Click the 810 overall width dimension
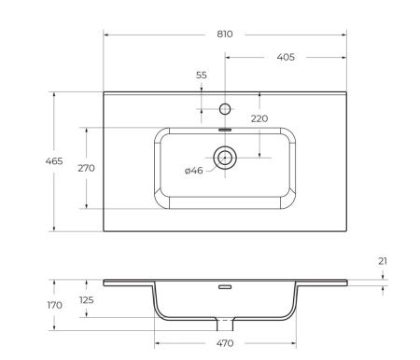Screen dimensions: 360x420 [224, 34]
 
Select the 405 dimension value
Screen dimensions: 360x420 [286, 57]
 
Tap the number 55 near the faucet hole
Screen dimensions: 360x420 [202, 75]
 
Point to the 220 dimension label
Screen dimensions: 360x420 [259, 118]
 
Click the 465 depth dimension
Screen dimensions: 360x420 [29, 161]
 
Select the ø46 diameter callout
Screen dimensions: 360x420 [193, 170]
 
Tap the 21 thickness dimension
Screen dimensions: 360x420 [383, 261]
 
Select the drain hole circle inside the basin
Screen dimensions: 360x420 [225, 157]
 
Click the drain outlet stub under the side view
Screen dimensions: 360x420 [225, 324]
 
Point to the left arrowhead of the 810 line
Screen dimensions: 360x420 [105, 35]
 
